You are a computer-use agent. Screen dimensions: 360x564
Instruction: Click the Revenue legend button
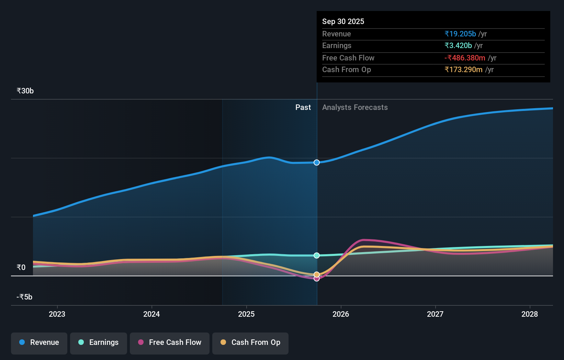[x=39, y=343]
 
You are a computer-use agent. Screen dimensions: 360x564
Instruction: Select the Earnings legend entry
[x=99, y=343]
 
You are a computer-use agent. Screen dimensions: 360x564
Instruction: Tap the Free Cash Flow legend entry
[x=170, y=343]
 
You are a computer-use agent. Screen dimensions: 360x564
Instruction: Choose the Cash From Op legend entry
[x=250, y=343]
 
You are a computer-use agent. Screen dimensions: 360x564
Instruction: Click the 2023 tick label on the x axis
[x=57, y=314]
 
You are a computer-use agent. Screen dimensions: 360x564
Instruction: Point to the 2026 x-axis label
[x=341, y=314]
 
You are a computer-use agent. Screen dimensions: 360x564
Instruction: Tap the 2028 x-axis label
[x=529, y=314]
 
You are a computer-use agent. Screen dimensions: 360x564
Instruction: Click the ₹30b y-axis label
[x=25, y=91]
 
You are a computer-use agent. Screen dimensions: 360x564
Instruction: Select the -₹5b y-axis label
[x=24, y=297]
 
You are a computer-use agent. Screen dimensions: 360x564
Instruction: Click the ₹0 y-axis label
[x=21, y=267]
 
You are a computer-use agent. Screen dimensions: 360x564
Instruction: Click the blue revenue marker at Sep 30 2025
[x=317, y=162]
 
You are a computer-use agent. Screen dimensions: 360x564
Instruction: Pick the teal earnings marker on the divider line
[x=317, y=255]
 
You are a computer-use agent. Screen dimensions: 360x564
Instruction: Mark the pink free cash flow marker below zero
[x=317, y=279]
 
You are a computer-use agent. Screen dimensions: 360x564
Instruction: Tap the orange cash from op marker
[x=317, y=274]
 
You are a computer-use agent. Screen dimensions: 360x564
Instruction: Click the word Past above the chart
[x=303, y=108]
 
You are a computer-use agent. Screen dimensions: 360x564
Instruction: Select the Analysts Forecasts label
[x=355, y=108]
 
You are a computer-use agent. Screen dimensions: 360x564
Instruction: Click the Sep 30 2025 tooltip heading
[x=343, y=21]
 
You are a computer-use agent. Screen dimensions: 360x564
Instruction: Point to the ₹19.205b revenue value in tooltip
[x=460, y=34]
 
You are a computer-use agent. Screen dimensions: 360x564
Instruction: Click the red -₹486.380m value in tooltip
[x=465, y=58]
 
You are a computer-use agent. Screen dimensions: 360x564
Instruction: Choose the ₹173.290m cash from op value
[x=463, y=70]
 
